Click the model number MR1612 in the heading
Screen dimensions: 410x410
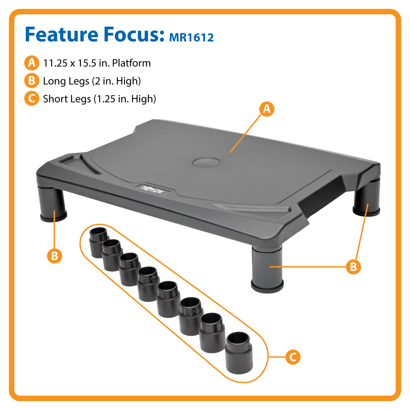click(x=191, y=37)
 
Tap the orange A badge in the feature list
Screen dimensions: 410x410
click(x=31, y=63)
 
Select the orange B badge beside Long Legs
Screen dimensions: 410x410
click(x=31, y=81)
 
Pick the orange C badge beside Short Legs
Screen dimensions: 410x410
click(x=31, y=99)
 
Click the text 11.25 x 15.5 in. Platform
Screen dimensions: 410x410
click(x=97, y=63)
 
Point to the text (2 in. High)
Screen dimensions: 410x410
click(x=117, y=81)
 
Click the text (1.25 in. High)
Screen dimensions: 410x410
click(x=125, y=99)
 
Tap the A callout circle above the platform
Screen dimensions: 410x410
click(x=267, y=109)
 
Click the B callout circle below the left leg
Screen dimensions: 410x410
click(x=55, y=256)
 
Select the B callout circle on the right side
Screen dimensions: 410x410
click(x=353, y=266)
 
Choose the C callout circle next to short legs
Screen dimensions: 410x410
click(x=292, y=357)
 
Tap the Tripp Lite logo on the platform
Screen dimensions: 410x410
click(x=152, y=189)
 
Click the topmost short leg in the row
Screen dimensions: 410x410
click(x=98, y=240)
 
